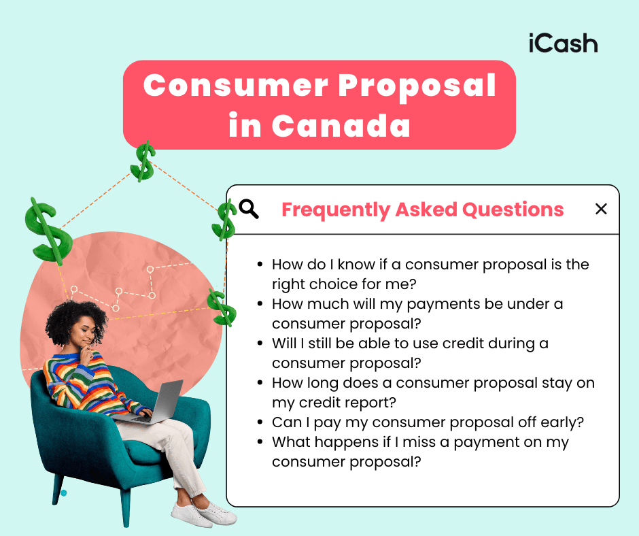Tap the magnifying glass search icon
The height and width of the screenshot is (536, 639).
click(x=249, y=210)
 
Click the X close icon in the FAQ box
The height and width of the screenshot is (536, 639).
click(x=601, y=209)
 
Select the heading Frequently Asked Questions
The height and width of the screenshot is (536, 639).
click(x=422, y=210)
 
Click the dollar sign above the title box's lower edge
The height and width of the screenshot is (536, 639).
click(x=143, y=161)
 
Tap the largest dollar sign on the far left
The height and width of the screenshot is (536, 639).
click(x=48, y=231)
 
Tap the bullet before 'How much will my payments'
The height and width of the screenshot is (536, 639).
click(x=261, y=304)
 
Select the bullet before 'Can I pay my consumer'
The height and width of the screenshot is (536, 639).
click(x=261, y=422)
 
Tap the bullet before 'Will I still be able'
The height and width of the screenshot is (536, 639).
click(x=261, y=344)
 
